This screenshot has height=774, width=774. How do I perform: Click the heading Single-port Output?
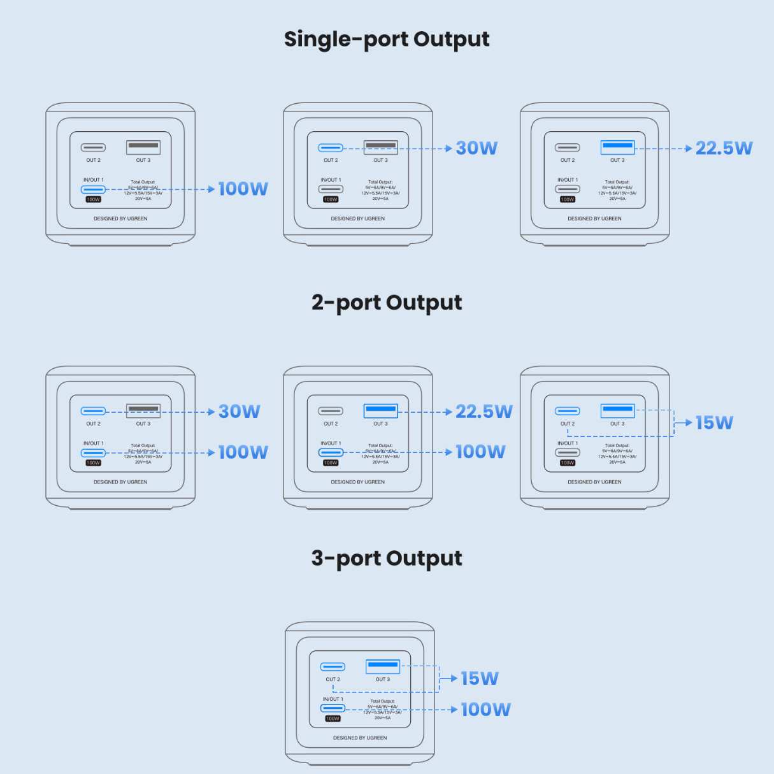tap(387, 39)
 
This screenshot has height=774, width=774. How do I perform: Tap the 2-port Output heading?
tap(387, 303)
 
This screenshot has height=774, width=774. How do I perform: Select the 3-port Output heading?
tap(387, 558)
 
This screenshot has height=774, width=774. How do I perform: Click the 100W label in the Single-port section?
tap(243, 189)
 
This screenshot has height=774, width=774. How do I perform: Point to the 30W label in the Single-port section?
tap(477, 148)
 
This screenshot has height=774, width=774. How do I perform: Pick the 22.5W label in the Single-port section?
tap(724, 148)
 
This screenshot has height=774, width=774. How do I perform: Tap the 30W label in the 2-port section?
tap(240, 412)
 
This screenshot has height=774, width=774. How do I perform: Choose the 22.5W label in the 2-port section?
tap(484, 412)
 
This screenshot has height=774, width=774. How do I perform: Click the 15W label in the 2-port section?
tap(714, 422)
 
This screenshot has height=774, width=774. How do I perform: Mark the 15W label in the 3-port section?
tap(480, 678)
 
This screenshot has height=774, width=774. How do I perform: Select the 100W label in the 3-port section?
tap(485, 709)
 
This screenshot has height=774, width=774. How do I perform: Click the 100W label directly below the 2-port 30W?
tap(243, 452)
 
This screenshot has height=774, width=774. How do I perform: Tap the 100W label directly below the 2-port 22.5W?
tap(480, 452)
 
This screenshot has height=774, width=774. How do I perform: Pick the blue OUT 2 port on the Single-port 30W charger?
tap(331, 148)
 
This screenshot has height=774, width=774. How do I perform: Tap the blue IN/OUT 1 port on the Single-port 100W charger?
tap(93, 189)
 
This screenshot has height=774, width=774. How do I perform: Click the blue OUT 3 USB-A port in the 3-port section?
tap(383, 666)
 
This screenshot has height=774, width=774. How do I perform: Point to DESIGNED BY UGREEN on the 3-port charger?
tap(360, 738)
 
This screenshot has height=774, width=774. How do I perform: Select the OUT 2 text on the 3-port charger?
tap(333, 679)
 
